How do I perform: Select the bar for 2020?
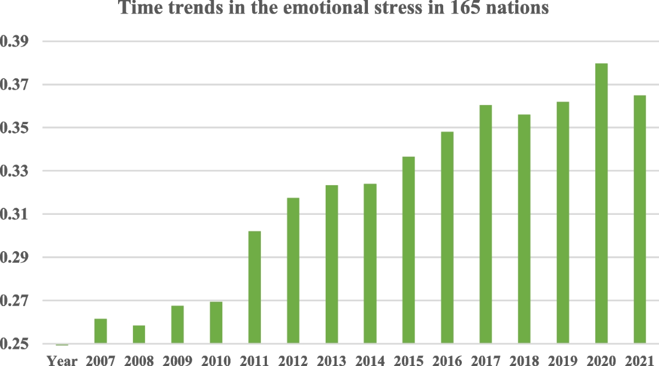(601, 203)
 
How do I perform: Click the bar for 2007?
(100, 331)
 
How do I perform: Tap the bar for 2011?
(254, 287)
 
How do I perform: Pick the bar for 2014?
(370, 264)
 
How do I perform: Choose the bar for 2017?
(485, 224)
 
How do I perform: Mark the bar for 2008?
(139, 334)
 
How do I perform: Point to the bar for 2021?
(640, 219)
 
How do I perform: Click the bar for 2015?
(409, 250)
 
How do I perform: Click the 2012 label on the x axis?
(293, 361)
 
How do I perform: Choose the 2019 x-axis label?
(563, 361)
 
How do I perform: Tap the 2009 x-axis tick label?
(177, 361)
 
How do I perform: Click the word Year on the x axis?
(62, 361)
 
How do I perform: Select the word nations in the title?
(517, 7)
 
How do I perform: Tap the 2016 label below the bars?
(447, 361)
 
